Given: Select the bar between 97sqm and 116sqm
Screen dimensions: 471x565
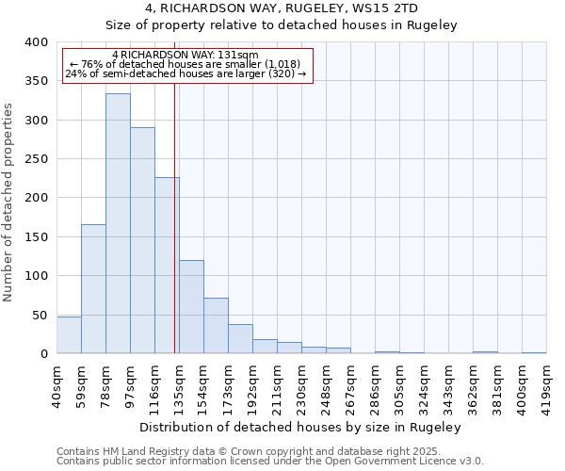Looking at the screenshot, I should click(x=142, y=240).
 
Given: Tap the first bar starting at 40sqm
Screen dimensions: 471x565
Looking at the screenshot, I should click(x=69, y=334).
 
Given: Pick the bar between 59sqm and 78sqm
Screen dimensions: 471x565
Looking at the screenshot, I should click(x=93, y=288).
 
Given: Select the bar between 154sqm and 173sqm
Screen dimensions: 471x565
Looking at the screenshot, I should click(x=216, y=325).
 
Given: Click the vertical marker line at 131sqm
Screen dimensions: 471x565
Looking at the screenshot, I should click(x=175, y=217).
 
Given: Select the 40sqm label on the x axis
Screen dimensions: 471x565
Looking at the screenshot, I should click(x=57, y=383).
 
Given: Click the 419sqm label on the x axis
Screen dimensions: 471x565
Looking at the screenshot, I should click(x=547, y=383).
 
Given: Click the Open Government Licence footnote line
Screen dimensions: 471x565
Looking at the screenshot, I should click(x=270, y=461).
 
